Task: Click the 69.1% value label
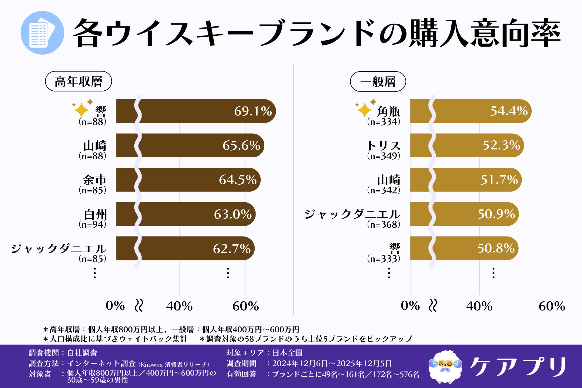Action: [x=253, y=111]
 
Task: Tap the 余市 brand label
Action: [x=95, y=180]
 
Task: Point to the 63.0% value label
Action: [x=232, y=214]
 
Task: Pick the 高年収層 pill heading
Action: [x=79, y=81]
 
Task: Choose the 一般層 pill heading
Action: [x=378, y=82]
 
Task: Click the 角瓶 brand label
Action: [x=388, y=112]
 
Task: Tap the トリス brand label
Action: [x=383, y=146]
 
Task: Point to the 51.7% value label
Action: [x=499, y=180]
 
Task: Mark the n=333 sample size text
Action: [x=383, y=259]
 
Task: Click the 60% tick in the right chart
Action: [x=552, y=306]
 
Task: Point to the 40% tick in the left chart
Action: [x=179, y=306]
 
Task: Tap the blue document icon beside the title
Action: [x=42, y=33]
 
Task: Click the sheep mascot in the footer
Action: [x=445, y=367]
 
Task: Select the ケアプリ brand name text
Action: [x=518, y=367]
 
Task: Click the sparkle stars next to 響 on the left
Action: [x=82, y=108]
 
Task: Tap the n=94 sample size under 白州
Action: [x=92, y=225]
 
